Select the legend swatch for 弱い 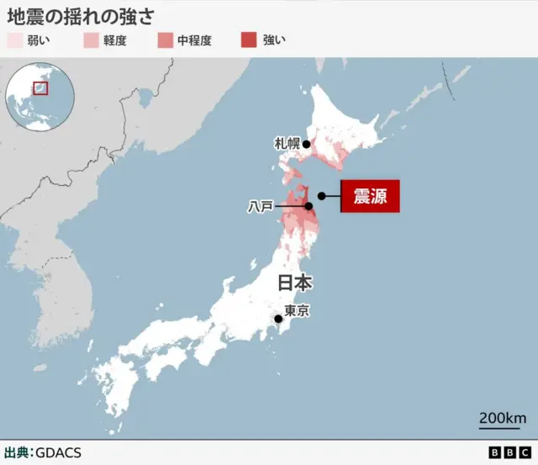[x=13, y=40]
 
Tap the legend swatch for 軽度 [x=91, y=40]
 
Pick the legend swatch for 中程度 [x=164, y=40]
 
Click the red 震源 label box [x=369, y=197]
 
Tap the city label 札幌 [x=287, y=144]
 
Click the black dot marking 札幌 [x=307, y=145]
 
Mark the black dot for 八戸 [x=309, y=206]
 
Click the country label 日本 [x=295, y=283]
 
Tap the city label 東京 [x=297, y=311]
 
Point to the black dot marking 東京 [x=278, y=319]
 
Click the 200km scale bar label [x=503, y=418]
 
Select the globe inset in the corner [x=39, y=93]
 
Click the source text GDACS [x=58, y=452]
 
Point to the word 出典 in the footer [x=16, y=452]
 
